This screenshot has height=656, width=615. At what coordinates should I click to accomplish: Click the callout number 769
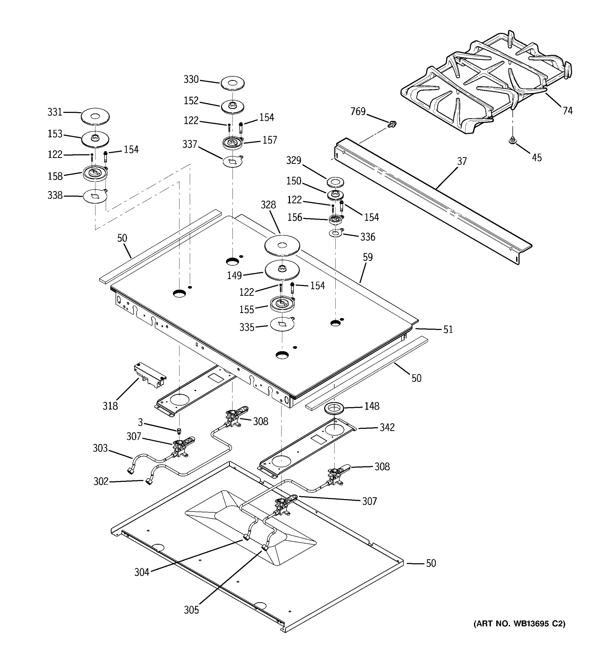tap(358, 112)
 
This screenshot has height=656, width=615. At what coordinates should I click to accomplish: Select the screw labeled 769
tap(392, 124)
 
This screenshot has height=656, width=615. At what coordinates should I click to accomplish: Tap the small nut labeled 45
tap(512, 141)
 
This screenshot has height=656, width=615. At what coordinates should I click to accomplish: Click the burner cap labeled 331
tap(95, 116)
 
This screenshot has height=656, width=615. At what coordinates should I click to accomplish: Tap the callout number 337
tap(190, 144)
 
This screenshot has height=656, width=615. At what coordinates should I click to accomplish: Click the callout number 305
tap(191, 610)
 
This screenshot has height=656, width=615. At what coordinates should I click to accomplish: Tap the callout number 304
tap(142, 572)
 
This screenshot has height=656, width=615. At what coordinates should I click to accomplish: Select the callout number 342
tap(387, 427)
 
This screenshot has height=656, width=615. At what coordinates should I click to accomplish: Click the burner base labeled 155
tap(282, 304)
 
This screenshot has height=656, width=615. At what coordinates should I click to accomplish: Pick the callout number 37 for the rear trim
tap(462, 161)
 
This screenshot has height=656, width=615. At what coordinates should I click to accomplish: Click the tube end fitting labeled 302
tap(149, 482)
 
